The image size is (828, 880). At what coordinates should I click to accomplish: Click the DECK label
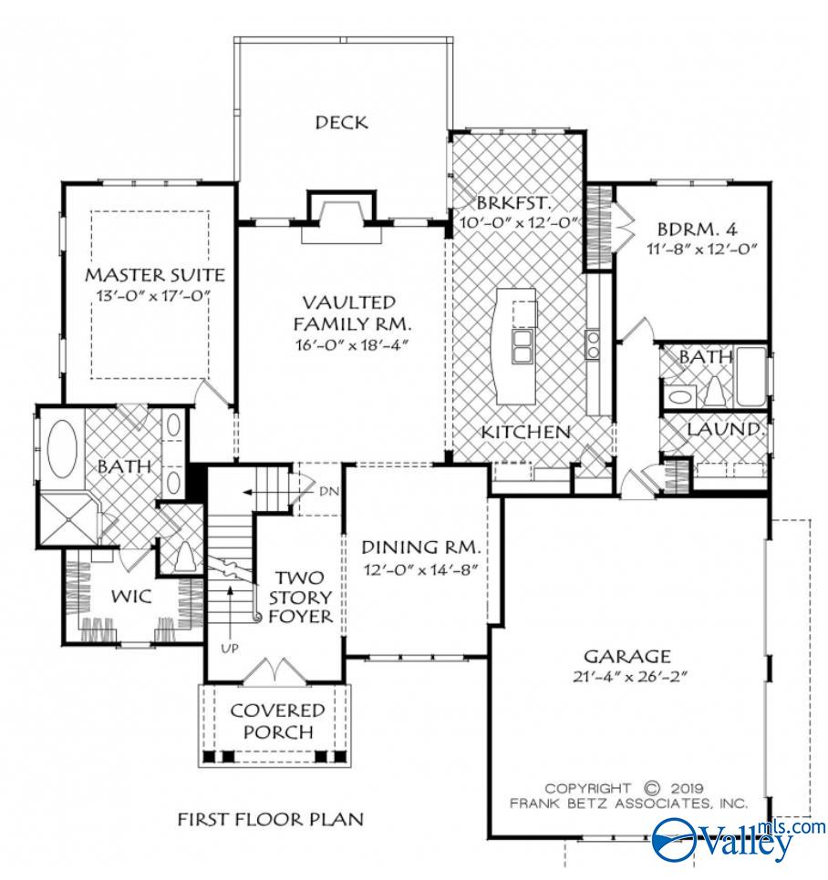[342, 122]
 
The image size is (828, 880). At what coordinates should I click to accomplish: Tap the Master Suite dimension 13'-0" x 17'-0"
[154, 295]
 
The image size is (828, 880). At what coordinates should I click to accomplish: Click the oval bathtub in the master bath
[61, 447]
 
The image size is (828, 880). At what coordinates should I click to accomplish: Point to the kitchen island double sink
[523, 345]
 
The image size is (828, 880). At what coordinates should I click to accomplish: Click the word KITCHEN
[526, 431]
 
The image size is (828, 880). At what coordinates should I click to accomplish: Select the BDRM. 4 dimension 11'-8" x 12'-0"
[691, 248]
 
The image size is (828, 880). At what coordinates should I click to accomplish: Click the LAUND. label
[725, 428]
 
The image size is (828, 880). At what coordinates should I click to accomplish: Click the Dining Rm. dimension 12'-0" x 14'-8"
[420, 568]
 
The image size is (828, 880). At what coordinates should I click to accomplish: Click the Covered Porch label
[277, 721]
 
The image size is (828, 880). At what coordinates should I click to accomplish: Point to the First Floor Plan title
[270, 819]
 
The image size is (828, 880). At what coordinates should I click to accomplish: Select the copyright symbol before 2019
[651, 787]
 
